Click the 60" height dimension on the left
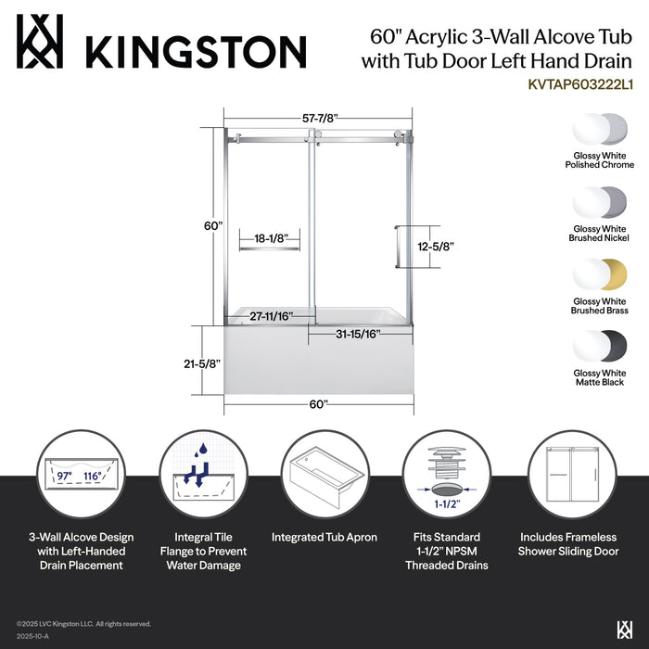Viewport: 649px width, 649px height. (213, 225)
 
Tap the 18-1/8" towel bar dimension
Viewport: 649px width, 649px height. (269, 239)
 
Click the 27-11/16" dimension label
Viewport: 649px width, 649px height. (271, 316)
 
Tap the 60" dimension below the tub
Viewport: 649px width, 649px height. (318, 404)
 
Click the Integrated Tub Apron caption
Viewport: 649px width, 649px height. (324, 538)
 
